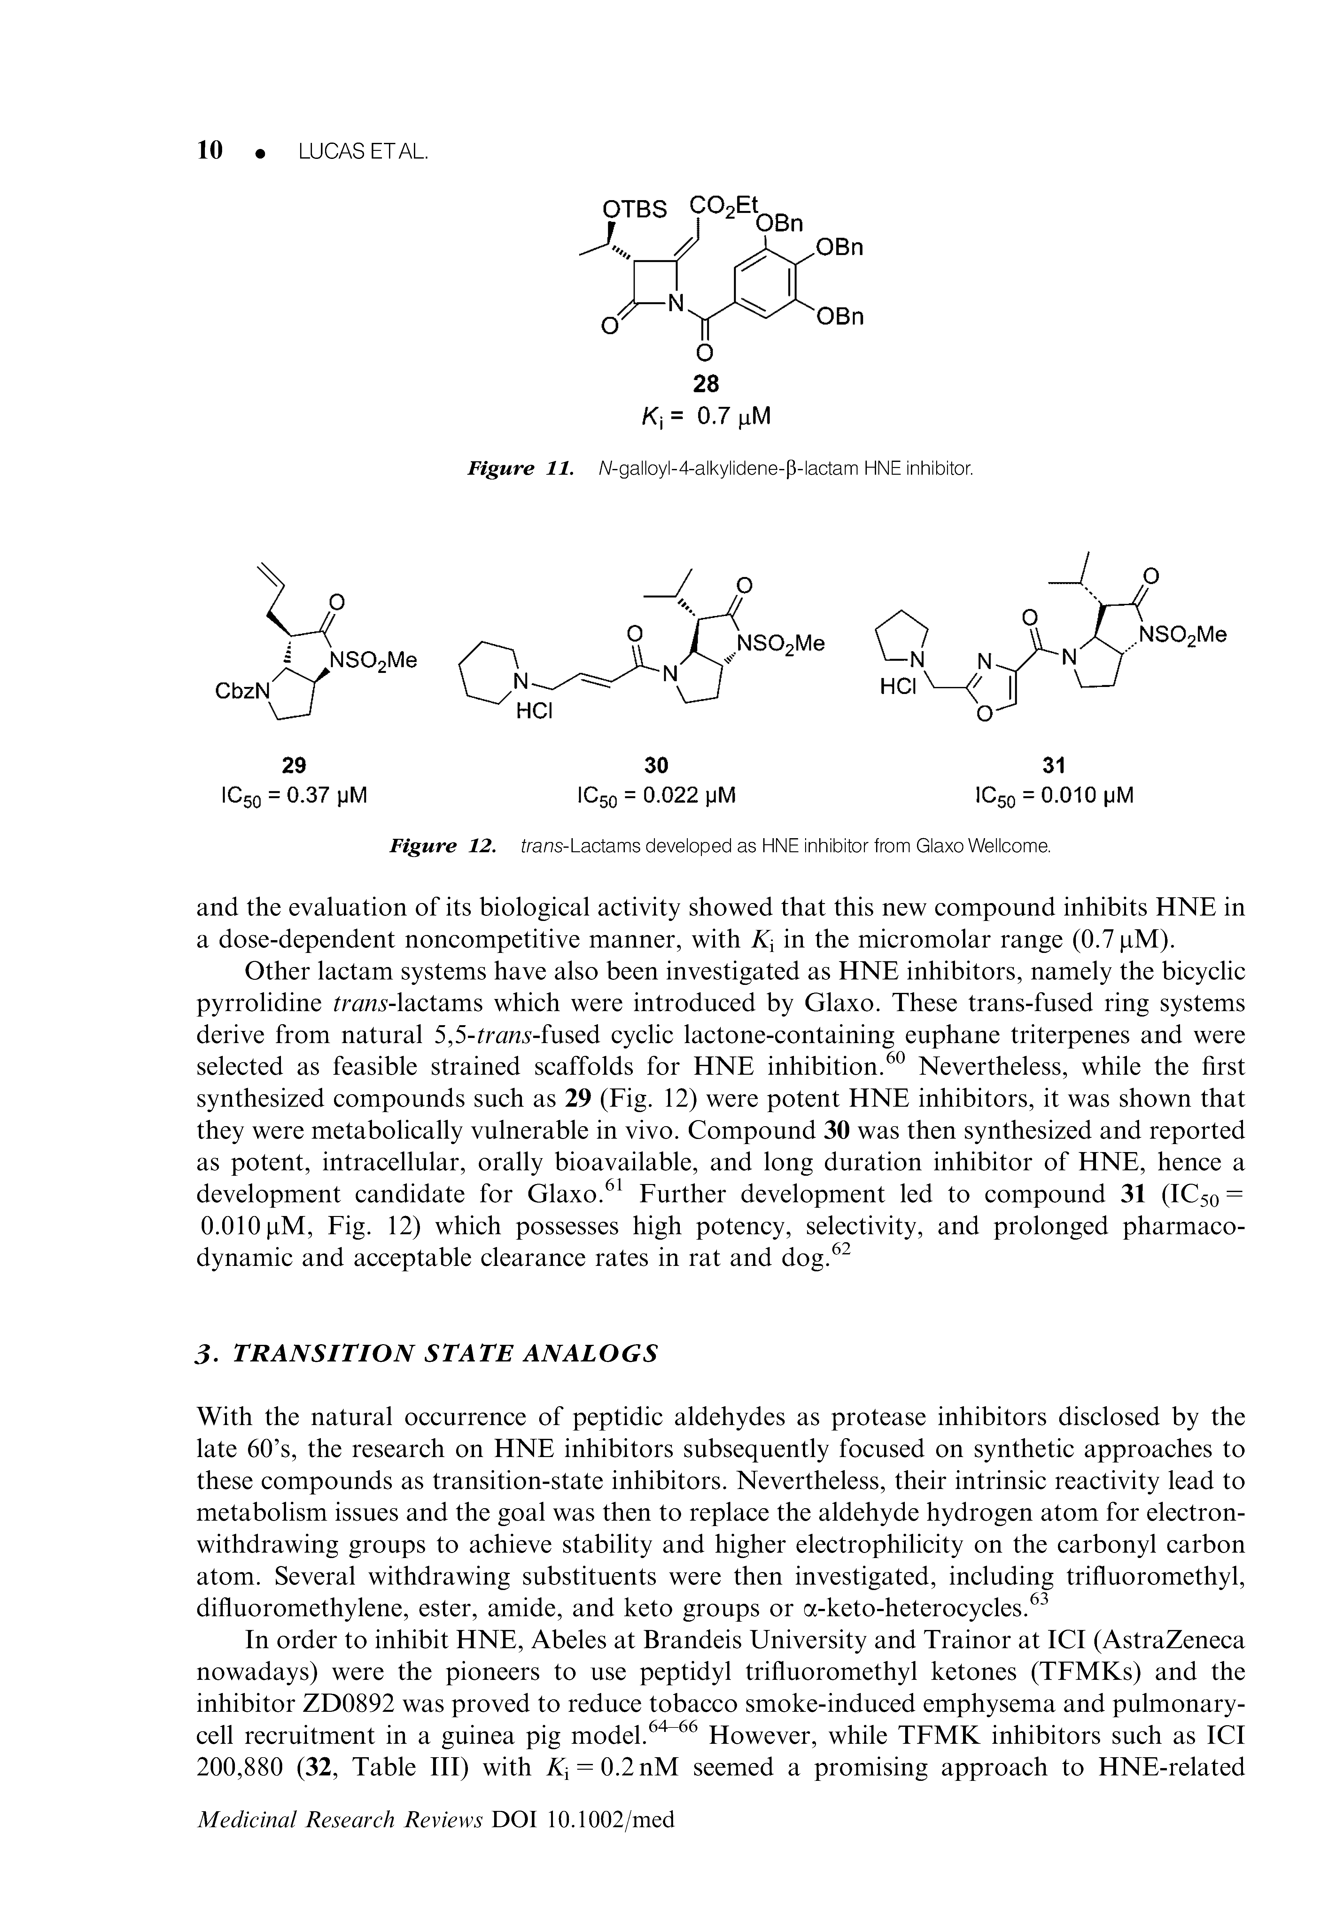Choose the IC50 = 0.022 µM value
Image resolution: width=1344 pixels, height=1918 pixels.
656,796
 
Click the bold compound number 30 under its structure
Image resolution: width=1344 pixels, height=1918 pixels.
656,764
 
